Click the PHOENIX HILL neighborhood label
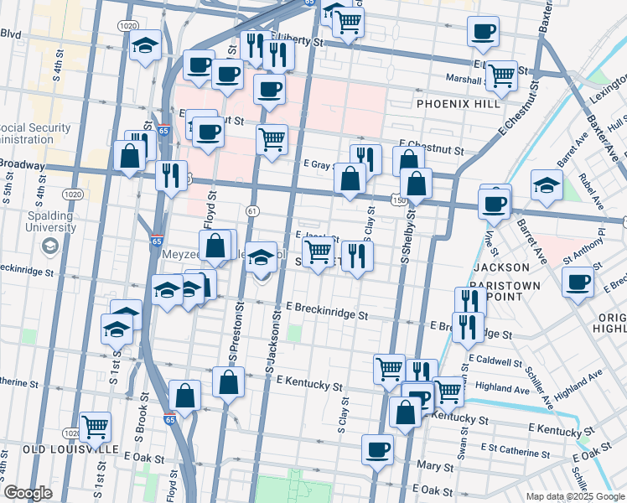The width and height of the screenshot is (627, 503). (x=459, y=103)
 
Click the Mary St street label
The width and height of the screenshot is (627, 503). (x=439, y=464)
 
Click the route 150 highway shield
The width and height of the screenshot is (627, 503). (x=398, y=200)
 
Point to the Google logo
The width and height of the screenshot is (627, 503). (x=28, y=493)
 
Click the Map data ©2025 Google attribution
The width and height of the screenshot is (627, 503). (x=574, y=495)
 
